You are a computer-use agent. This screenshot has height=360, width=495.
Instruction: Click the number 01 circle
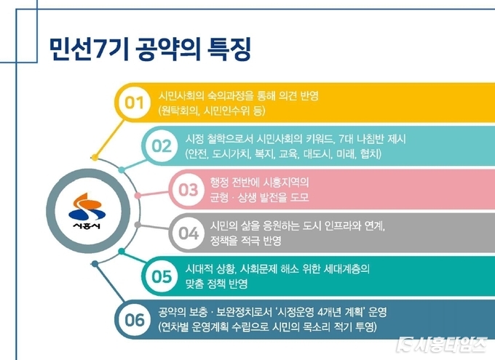tap(135, 103)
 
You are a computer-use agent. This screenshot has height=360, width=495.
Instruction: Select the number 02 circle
tap(162, 146)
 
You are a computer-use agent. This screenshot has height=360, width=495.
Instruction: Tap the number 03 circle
tap(189, 190)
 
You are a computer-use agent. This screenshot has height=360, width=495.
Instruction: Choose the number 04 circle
tap(189, 233)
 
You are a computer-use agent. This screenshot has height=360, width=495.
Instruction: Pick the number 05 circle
tap(162, 276)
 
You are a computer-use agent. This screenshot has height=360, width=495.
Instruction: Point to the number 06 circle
tap(135, 319)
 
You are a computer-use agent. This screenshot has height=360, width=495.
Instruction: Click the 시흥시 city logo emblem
tap(87, 210)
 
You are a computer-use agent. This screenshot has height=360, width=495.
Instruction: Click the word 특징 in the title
tap(229, 49)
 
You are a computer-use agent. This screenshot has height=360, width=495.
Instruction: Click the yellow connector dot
tap(95, 157)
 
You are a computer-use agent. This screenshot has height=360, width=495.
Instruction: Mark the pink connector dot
tap(138, 196)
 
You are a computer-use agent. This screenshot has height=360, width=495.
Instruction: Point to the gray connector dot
tap(138, 225)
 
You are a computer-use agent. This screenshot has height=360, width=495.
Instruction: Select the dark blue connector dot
tap(95, 264)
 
